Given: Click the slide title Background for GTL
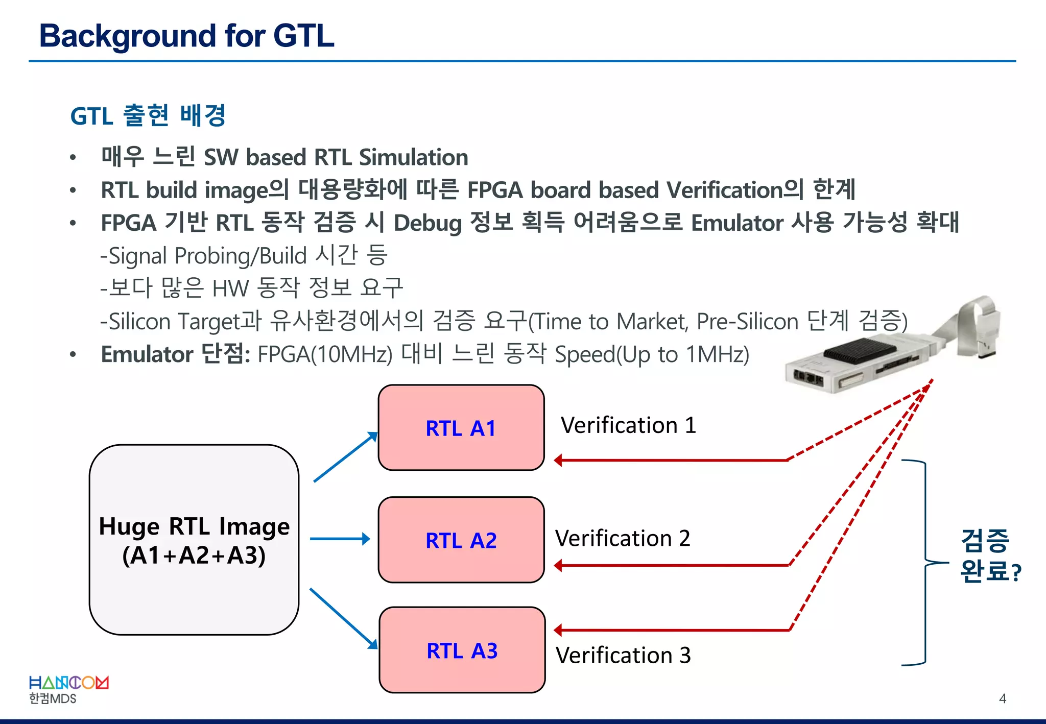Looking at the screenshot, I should coord(186,36).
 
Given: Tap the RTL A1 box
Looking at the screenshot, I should coord(461,428).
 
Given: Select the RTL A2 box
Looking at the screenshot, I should coord(461,540).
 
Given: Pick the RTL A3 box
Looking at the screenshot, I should coord(462,650).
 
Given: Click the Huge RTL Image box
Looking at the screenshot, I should coord(194,540).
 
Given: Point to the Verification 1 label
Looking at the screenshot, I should coord(628,425).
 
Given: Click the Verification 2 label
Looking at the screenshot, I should coord(623,538).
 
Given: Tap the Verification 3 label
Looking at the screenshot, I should coord(623,655).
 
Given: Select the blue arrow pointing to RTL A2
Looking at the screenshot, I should coord(340,539).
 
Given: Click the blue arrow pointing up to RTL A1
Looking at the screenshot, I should coord(345,457).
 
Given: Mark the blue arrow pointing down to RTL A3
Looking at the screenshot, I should coord(343,618).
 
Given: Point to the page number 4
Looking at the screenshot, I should coord(1002,698).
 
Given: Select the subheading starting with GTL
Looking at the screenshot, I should coord(148,116).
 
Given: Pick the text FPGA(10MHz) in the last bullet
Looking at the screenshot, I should coord(325,354).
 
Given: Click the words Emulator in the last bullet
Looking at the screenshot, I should coord(147,354).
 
